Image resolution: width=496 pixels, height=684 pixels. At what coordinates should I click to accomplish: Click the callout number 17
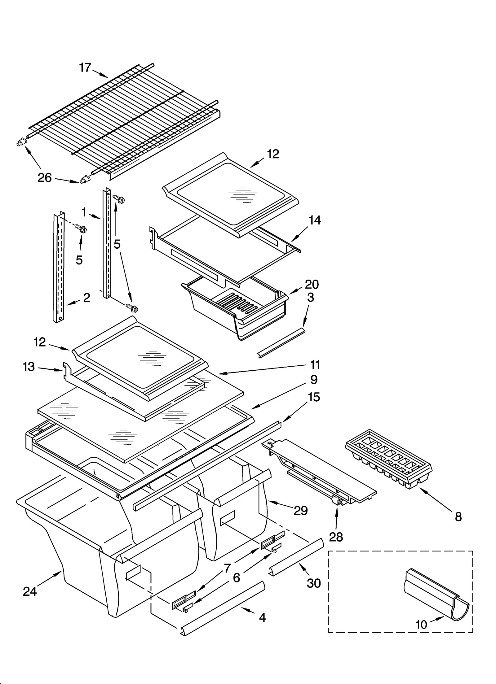pos(85,67)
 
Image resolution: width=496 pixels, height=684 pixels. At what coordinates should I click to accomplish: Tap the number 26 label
pos(44,178)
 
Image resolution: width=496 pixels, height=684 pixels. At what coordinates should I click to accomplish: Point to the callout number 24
pos(30,591)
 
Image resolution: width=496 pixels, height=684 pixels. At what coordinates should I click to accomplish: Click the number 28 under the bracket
pos(336,537)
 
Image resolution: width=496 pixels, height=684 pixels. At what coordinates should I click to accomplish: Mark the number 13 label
pos(29,367)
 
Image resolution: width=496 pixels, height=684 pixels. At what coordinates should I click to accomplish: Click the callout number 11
pos(315,365)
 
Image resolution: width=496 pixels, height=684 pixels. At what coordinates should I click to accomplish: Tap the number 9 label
pos(314,380)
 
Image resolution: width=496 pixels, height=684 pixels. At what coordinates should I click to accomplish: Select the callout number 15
pos(314,397)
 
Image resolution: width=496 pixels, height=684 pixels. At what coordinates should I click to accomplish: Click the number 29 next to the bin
pos(300,511)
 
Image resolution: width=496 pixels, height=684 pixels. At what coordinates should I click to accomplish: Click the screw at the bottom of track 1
pos(132,308)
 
